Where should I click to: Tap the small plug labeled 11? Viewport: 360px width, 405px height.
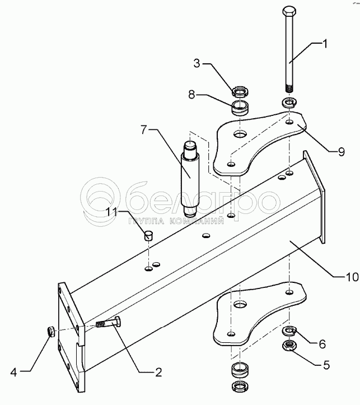(x=148, y=235)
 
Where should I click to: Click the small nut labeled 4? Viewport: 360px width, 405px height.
(x=49, y=332)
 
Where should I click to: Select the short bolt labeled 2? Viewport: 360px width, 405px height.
(x=109, y=324)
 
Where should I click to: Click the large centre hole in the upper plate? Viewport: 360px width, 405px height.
(x=239, y=135)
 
